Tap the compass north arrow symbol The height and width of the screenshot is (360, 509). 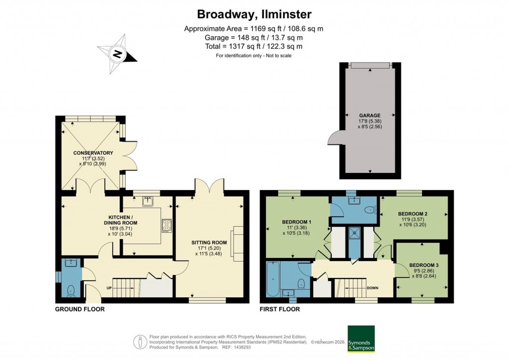pyautogui.click(x=117, y=54)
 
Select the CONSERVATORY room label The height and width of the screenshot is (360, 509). pyautogui.click(x=93, y=153)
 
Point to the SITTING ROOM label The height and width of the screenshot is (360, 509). pyautogui.click(x=209, y=243)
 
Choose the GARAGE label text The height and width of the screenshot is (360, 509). pyautogui.click(x=369, y=115)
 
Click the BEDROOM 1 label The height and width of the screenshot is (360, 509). pyautogui.click(x=297, y=222)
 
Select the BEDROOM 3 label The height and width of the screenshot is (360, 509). pyautogui.click(x=424, y=265)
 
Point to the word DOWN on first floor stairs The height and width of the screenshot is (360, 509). pyautogui.click(x=372, y=287)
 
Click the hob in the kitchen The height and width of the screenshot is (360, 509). pyautogui.click(x=166, y=226)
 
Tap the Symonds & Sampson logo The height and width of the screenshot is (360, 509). pyautogui.click(x=361, y=339)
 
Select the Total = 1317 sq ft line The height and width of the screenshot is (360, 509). pyautogui.click(x=254, y=46)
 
